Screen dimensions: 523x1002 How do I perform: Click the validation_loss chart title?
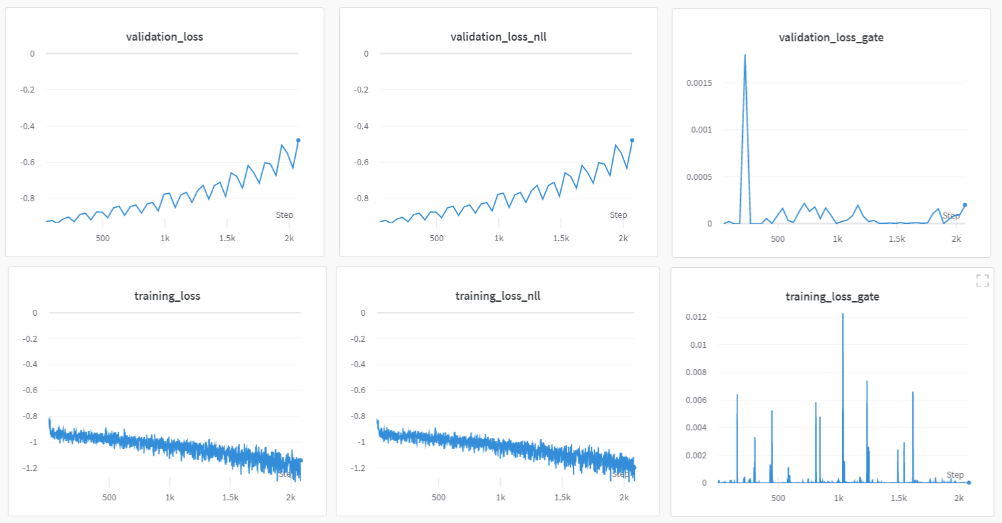[165, 37]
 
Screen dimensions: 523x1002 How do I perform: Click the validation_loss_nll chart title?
[498, 37]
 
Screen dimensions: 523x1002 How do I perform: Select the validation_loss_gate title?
[831, 37]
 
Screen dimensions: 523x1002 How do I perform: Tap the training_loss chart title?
[167, 296]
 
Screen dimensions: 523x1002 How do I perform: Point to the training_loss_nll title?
[498, 296]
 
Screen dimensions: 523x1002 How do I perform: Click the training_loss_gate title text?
[832, 296]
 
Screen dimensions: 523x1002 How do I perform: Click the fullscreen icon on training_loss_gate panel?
[982, 280]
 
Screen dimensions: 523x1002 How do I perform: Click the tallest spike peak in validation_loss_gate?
[745, 55]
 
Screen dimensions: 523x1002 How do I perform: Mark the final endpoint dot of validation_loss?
[298, 140]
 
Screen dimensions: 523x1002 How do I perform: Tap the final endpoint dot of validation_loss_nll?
[632, 140]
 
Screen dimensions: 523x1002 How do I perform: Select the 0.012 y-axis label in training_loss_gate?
[697, 317]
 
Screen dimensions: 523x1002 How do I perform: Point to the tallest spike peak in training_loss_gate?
[843, 314]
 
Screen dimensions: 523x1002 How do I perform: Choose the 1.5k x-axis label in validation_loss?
[227, 238]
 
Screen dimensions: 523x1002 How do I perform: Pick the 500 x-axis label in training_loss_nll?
[438, 497]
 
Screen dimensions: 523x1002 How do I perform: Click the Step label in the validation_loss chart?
[284, 215]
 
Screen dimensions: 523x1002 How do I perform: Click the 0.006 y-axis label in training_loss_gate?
[697, 400]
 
